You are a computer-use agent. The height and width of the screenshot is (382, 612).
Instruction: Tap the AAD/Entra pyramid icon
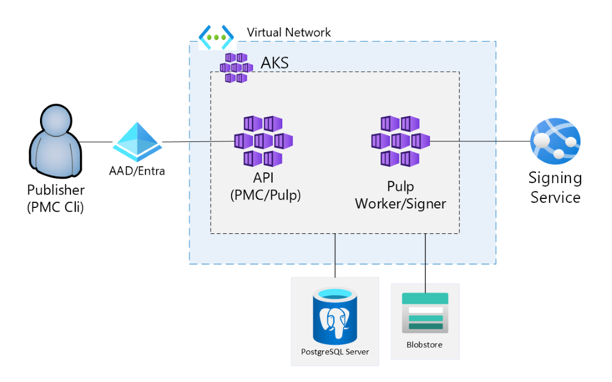pos(137,141)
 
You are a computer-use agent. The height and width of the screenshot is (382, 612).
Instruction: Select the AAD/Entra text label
pos(137,171)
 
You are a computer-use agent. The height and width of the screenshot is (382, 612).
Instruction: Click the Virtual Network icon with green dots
pos(216,37)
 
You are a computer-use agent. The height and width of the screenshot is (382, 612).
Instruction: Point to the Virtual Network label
pos(289,32)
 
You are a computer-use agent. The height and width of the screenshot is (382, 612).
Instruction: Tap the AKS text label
pos(274,63)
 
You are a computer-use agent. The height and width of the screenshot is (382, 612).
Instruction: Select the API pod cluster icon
pos(263,141)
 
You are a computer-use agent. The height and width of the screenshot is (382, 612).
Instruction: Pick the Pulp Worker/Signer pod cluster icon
pos(400,141)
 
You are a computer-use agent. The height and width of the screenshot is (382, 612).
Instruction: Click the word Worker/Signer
pos(400,203)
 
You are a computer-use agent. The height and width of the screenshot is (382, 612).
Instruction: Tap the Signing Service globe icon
pos(555,141)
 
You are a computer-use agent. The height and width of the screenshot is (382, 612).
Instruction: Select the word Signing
pos(555,179)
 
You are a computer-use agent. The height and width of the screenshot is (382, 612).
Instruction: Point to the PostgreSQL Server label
pos(335,352)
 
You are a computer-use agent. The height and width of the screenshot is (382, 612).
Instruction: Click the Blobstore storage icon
pos(425,313)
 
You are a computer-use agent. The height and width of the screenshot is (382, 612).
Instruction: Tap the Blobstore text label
pos(425,345)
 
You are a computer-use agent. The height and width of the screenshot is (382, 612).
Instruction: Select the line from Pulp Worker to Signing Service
pos(479,141)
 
